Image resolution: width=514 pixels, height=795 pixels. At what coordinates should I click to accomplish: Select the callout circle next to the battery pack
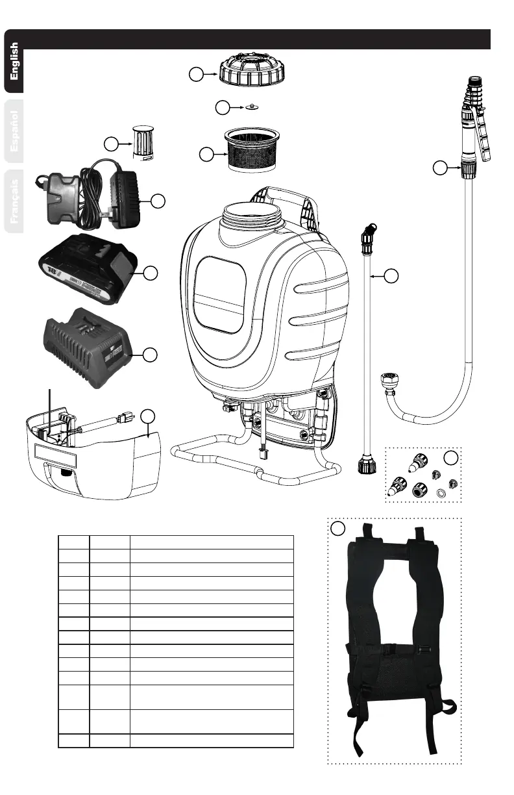[x=151, y=273]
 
